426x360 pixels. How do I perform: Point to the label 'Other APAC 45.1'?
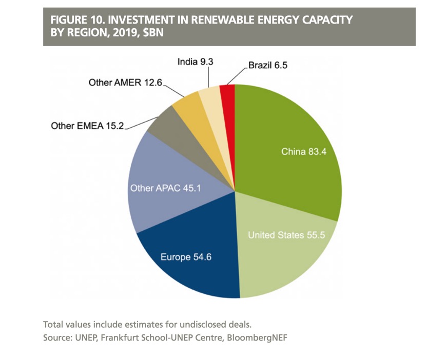(165, 188)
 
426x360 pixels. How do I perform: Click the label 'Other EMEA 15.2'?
(88, 126)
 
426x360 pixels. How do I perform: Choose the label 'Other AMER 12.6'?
(125, 82)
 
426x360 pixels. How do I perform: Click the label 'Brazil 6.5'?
(268, 66)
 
